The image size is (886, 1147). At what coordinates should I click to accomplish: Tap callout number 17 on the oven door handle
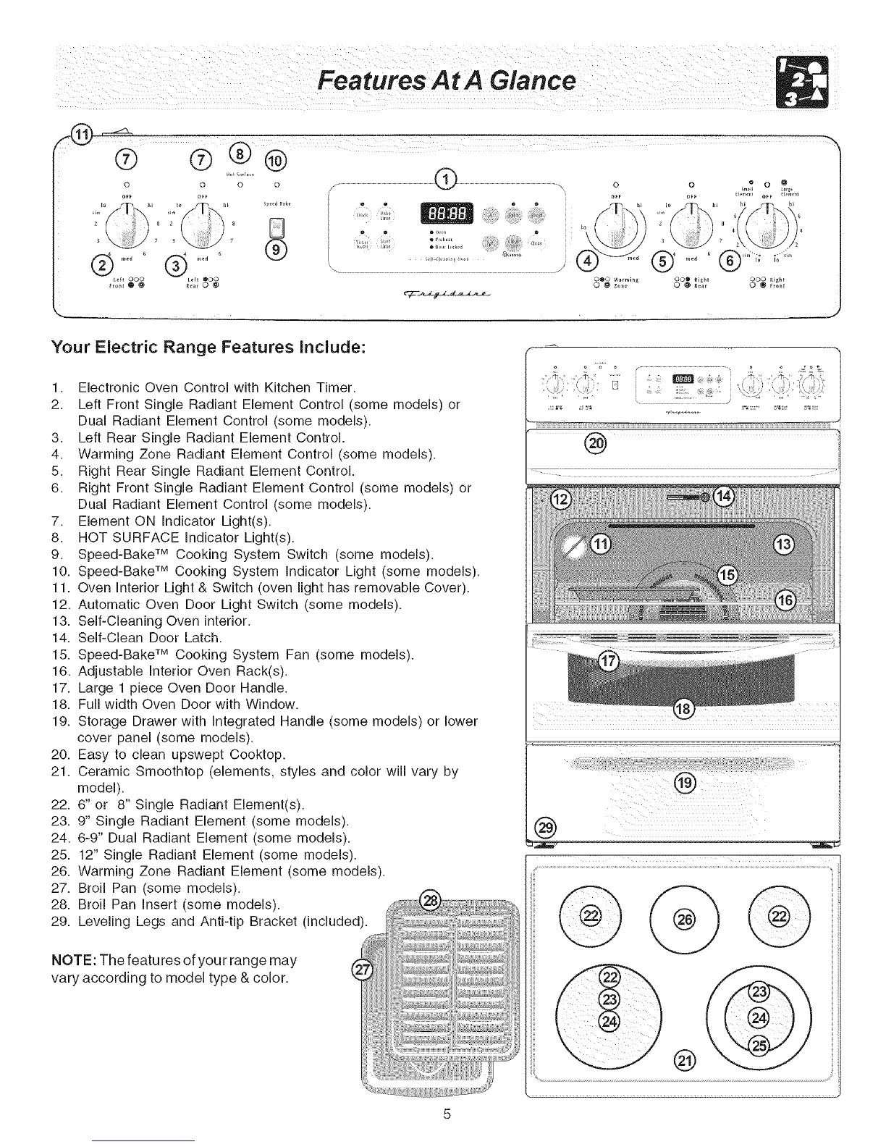click(609, 661)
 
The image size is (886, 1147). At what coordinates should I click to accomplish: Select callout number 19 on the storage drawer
click(684, 783)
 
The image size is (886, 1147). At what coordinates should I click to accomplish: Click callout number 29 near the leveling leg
click(544, 828)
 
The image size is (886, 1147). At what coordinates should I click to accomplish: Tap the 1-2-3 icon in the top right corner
click(802, 80)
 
